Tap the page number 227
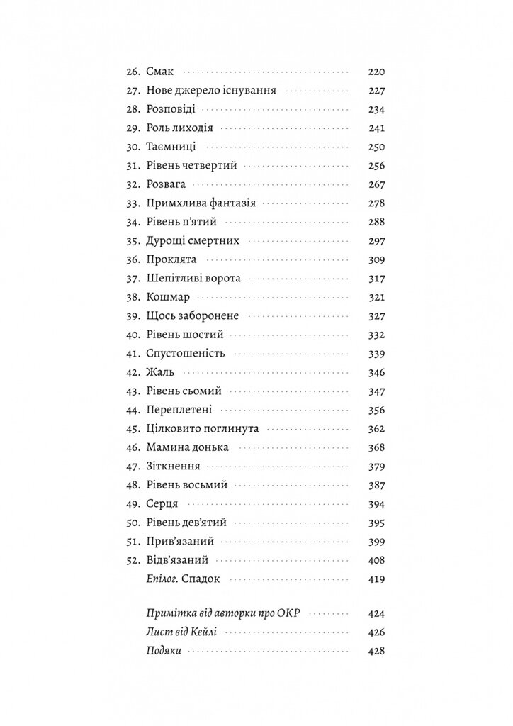coord(376,91)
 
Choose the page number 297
coord(376,240)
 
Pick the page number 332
coord(376,334)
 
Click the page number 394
coord(376,503)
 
